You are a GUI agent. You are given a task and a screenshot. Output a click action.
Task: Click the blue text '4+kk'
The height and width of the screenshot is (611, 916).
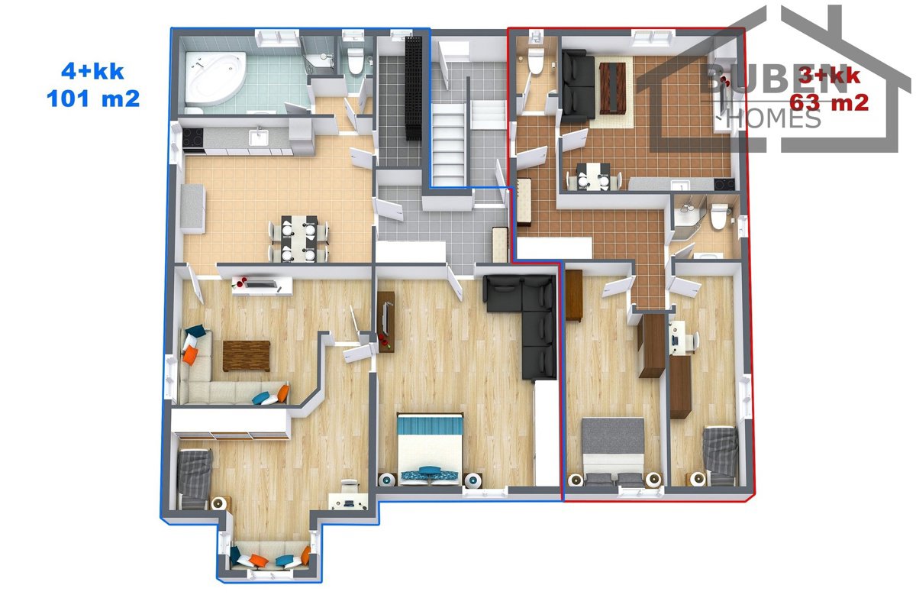[92, 72]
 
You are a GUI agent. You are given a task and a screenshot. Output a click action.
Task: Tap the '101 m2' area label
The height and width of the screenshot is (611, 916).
[93, 99]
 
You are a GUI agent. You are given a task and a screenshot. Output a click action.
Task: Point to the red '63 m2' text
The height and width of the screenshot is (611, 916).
[829, 102]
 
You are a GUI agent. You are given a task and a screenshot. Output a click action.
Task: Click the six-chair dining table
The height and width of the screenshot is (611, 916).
[299, 238]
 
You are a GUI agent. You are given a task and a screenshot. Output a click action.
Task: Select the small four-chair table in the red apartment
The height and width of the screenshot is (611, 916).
[594, 176]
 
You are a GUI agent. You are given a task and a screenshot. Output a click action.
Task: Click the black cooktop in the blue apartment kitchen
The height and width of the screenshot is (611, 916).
[192, 137]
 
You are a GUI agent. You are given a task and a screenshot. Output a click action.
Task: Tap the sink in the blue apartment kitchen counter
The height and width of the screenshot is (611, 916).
[258, 137]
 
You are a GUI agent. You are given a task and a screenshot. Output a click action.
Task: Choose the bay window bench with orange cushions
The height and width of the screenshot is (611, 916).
[270, 555]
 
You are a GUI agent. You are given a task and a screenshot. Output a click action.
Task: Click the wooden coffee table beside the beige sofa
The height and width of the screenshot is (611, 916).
[246, 356]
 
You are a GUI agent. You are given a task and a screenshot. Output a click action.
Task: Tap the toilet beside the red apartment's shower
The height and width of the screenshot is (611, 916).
[719, 215]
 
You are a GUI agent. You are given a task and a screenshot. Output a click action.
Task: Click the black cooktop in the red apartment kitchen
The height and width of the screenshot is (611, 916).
[724, 185]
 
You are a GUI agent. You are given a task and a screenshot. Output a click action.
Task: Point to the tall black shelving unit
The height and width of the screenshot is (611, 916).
[413, 89]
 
